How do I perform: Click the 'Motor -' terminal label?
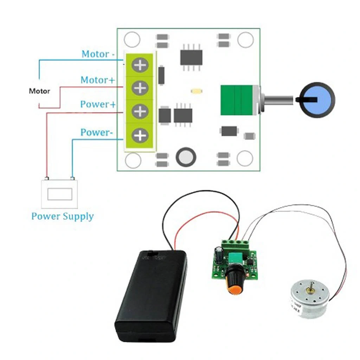(98, 54)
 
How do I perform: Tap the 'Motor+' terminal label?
(98, 80)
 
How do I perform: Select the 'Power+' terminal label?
(97, 104)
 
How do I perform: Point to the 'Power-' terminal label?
(97, 133)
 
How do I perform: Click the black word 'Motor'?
(39, 91)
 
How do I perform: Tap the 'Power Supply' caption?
(63, 216)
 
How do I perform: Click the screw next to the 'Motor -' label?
(140, 65)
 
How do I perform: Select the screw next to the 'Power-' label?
(140, 135)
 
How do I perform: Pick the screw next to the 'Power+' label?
(140, 111)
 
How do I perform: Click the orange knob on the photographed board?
(234, 281)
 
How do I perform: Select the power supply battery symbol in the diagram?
(60, 194)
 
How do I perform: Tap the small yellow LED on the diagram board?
(196, 91)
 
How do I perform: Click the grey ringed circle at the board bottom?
(186, 157)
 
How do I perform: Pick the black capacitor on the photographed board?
(219, 254)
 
